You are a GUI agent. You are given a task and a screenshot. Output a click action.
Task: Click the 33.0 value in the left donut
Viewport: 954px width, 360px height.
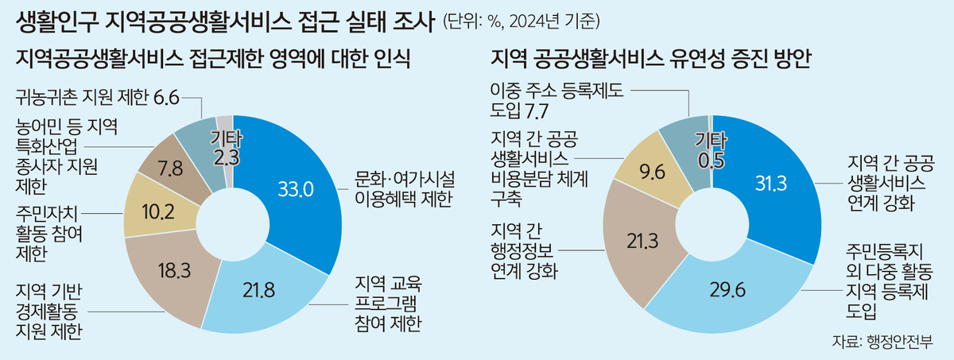[295, 188]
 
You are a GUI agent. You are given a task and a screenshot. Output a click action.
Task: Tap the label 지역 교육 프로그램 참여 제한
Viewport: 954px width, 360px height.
[386, 303]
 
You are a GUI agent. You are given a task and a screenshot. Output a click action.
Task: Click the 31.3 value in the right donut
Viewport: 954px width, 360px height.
[770, 184]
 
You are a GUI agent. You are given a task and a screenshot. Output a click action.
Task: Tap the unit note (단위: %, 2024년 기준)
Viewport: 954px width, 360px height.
[522, 21]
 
